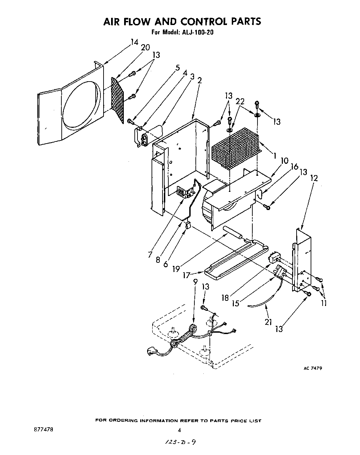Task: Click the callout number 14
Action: click(134, 42)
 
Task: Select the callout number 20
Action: click(145, 48)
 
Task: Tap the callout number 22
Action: click(240, 102)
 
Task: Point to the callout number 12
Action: click(314, 178)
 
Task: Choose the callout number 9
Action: click(195, 282)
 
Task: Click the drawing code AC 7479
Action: click(312, 368)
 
